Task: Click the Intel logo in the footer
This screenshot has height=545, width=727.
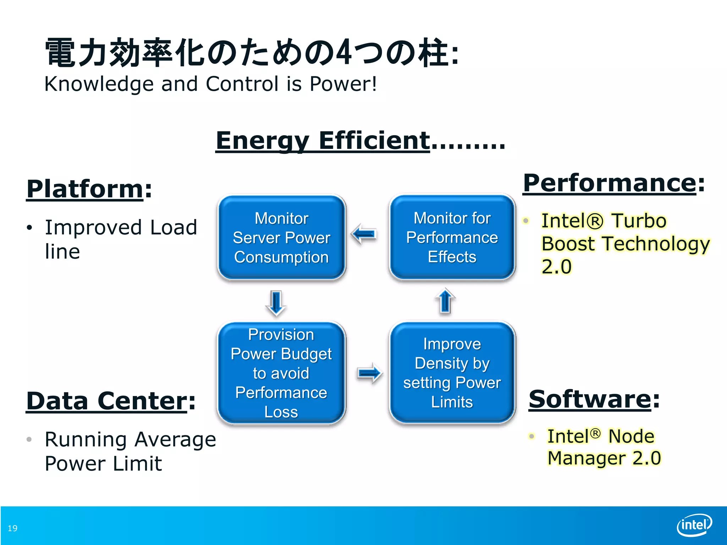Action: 694,525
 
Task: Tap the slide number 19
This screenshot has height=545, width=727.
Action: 12,528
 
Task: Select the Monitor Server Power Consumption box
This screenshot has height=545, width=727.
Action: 281,237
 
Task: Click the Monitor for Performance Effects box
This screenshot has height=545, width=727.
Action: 452,237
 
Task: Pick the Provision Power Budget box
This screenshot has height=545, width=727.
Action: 281,373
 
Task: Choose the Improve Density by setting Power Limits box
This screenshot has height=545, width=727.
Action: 452,373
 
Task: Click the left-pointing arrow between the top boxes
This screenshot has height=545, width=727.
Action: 364,234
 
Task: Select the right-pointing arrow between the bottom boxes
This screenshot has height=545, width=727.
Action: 369,373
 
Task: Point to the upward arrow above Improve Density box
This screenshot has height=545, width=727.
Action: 445,301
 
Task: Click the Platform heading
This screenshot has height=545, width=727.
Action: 85,189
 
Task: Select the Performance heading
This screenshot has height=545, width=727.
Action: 610,183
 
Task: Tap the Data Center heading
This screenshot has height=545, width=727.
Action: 106,401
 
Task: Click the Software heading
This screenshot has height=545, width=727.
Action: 590,399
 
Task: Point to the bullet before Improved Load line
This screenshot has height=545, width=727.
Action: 29,228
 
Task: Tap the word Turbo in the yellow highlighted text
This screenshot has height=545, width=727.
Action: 639,221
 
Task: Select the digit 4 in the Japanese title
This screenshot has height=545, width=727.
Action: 343,53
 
